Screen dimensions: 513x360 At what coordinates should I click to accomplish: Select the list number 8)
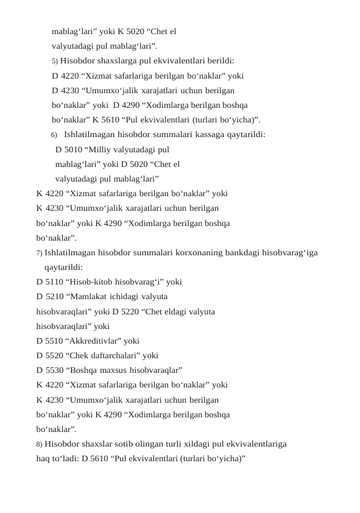(40, 444)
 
